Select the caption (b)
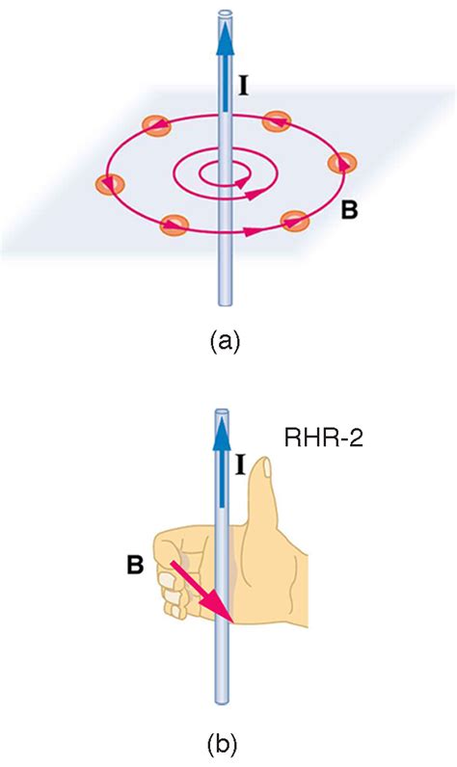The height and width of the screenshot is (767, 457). pos(228,743)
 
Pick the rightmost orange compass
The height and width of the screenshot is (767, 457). pos(339,163)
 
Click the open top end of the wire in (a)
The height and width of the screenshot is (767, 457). pos(227,14)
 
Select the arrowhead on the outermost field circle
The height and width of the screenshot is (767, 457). pos(253,231)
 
